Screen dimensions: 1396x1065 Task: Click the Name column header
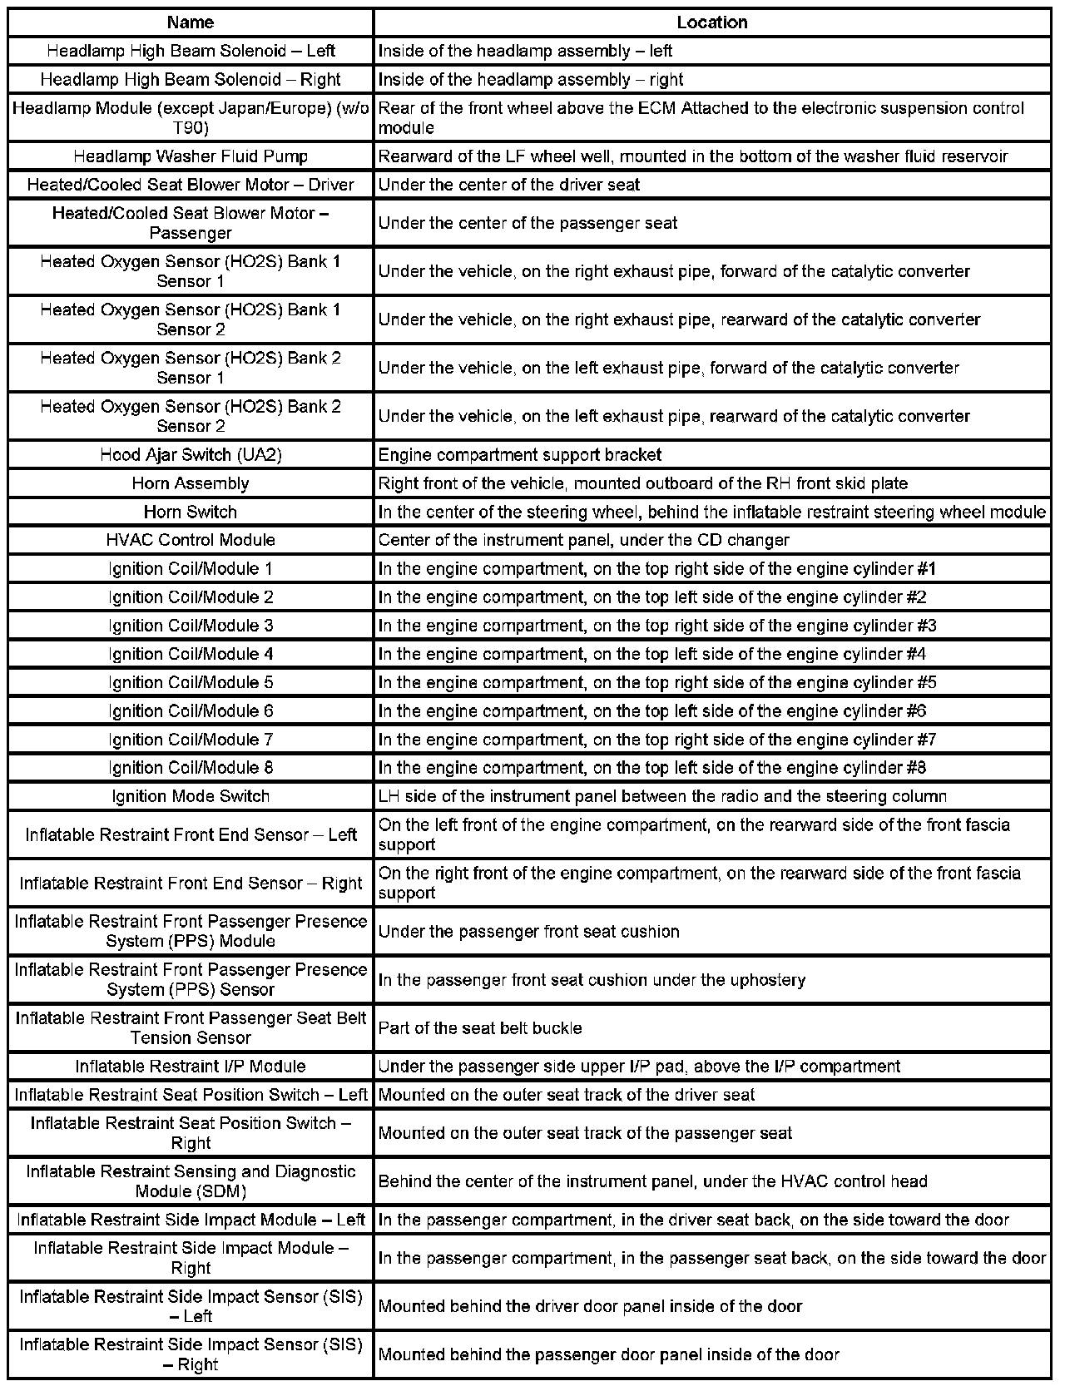[191, 22]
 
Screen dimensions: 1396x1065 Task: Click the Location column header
[711, 22]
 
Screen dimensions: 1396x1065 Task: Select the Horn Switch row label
[191, 512]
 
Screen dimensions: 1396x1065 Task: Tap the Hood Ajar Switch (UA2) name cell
[191, 455]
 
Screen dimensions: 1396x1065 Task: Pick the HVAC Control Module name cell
[191, 540]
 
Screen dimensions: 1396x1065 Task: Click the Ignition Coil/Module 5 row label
[191, 683]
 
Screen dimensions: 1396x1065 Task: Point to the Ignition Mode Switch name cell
[191, 796]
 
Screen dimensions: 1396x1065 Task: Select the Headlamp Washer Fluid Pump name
[191, 156]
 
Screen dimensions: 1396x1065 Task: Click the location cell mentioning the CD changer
[583, 540]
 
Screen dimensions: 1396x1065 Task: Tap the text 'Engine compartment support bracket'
[520, 455]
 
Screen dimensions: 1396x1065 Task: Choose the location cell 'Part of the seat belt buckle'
[480, 1028]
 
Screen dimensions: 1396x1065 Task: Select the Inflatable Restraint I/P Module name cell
[191, 1067]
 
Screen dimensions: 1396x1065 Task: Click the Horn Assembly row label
[191, 483]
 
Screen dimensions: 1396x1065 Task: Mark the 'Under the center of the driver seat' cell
[509, 185]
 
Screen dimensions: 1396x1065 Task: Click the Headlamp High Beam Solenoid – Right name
[191, 80]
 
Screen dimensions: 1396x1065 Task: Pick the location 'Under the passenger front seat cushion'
[529, 932]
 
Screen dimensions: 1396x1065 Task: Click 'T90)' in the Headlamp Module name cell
[191, 128]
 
